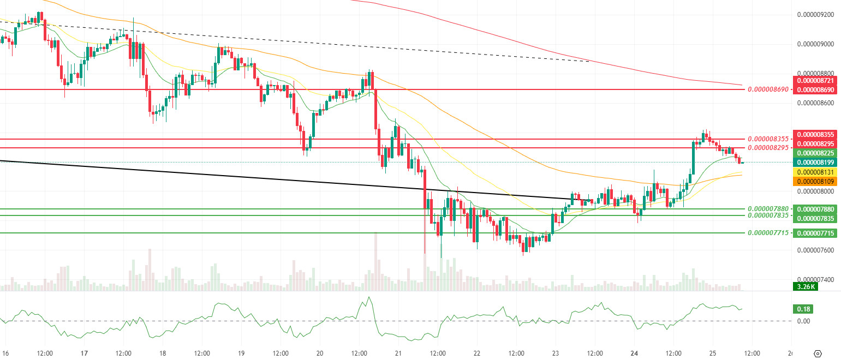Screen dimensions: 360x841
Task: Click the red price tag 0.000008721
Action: click(x=815, y=80)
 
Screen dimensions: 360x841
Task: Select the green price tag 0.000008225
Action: click(x=815, y=152)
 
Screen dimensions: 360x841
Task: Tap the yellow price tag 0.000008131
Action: click(x=815, y=172)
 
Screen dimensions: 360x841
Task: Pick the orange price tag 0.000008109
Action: click(x=815, y=181)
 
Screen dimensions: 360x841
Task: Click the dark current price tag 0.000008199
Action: click(x=815, y=162)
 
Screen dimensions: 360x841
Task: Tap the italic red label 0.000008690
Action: click(x=770, y=89)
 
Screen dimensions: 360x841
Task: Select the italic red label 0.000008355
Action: click(x=770, y=139)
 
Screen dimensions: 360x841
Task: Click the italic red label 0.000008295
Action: click(x=770, y=148)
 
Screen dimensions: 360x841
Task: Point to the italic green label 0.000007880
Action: click(x=770, y=209)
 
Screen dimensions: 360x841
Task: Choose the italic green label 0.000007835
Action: click(x=770, y=215)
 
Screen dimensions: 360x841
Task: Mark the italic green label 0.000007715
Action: click(x=770, y=233)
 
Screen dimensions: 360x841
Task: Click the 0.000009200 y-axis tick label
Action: click(x=815, y=15)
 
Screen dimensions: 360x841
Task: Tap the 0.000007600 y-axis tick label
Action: click(x=815, y=251)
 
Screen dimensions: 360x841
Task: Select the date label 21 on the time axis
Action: click(x=398, y=352)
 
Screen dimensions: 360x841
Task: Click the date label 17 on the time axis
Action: click(x=85, y=352)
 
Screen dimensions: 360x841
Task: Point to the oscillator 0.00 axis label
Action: click(x=803, y=321)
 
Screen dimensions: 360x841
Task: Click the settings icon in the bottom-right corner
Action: click(x=818, y=353)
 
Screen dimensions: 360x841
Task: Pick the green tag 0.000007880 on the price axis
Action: click(x=815, y=209)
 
